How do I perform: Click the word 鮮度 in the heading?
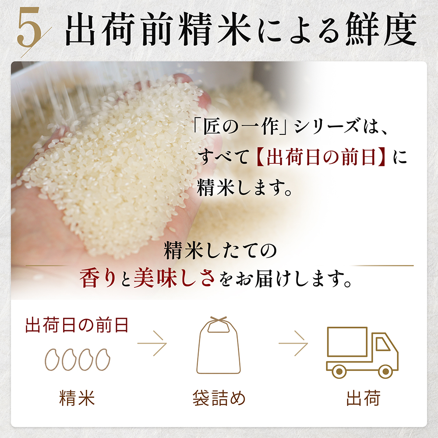381,29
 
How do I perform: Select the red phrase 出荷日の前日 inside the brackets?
321,157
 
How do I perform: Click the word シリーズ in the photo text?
326,127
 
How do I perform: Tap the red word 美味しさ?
174,279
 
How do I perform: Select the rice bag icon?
219,345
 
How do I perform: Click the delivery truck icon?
362,353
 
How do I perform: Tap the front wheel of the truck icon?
385,371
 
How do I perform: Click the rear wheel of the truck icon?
339,371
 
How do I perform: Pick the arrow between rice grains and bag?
152,343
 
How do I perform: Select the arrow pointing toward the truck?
293,343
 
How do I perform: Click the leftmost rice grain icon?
52,360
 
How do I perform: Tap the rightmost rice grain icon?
103,360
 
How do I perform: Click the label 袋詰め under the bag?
219,398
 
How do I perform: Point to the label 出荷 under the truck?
363,398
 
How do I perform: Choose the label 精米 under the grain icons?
77,398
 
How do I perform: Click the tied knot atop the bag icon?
219,320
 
